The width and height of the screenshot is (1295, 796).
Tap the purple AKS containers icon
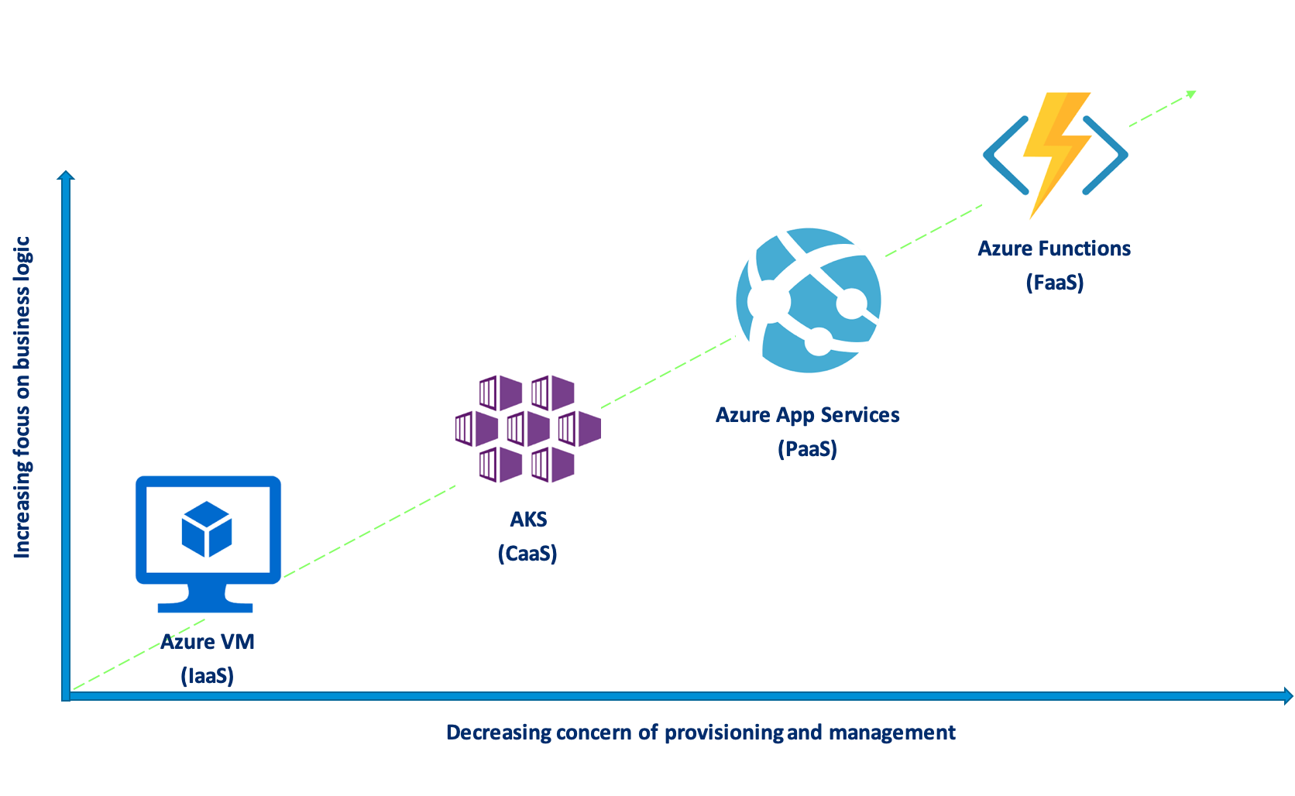(x=528, y=428)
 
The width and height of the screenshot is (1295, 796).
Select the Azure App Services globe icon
(x=808, y=300)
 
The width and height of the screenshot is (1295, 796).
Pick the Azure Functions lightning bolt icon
(x=1055, y=156)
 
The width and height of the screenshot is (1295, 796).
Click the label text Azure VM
(x=208, y=642)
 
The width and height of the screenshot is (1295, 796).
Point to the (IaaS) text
(x=207, y=676)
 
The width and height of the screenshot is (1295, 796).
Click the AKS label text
(x=528, y=520)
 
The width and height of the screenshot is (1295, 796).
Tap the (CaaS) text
(x=527, y=554)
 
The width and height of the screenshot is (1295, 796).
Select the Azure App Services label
(x=807, y=415)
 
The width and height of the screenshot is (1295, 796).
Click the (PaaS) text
(x=807, y=449)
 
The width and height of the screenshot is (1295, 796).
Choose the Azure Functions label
(x=1054, y=249)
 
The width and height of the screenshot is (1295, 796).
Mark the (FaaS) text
(x=1054, y=283)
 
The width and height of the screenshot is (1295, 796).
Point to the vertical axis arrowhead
(x=67, y=176)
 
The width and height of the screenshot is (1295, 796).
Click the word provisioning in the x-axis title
(x=723, y=733)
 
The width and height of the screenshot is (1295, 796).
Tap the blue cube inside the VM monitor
(x=207, y=529)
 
